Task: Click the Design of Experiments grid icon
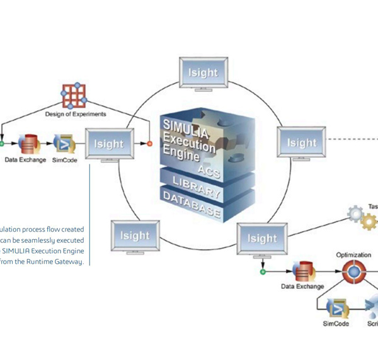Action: pos(75,96)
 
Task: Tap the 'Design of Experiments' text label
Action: pos(75,115)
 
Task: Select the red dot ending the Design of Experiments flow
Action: pos(149,144)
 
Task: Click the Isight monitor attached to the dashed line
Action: pos(302,143)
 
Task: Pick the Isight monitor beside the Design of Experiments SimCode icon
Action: pos(109,145)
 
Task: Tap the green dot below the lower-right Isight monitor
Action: pos(262,272)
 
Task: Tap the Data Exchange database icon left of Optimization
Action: pos(302,271)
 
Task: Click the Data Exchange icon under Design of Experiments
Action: pos(28,144)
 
